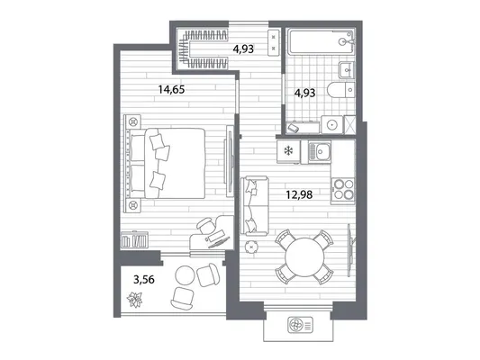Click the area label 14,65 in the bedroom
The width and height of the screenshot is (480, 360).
pyautogui.click(x=171, y=90)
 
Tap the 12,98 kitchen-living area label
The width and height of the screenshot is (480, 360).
pyautogui.click(x=299, y=194)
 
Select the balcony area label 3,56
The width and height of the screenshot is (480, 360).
pyautogui.click(x=144, y=279)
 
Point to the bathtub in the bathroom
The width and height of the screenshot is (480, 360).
pyautogui.click(x=322, y=42)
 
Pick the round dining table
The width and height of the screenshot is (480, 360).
pyautogui.click(x=304, y=256)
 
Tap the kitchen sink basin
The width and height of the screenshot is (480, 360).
pyautogui.click(x=320, y=152)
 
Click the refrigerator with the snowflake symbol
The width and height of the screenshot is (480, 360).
pyautogui.click(x=288, y=151)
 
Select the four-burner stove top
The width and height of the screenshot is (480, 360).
pyautogui.click(x=343, y=191)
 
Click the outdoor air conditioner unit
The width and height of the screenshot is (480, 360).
pyautogui.click(x=300, y=325)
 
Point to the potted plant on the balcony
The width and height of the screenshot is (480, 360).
pyautogui.click(x=135, y=300)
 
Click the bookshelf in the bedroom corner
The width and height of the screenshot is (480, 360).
pyautogui.click(x=134, y=239)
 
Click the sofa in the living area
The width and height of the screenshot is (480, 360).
pyautogui.click(x=254, y=206)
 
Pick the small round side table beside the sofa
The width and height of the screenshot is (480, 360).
pyautogui.click(x=251, y=247)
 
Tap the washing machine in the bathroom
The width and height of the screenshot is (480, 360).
pyautogui.click(x=332, y=124)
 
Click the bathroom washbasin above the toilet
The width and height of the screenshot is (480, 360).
pyautogui.click(x=347, y=69)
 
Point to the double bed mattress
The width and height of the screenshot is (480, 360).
pyautogui.click(x=175, y=163)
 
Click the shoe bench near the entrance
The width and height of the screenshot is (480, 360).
pyautogui.click(x=274, y=42)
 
